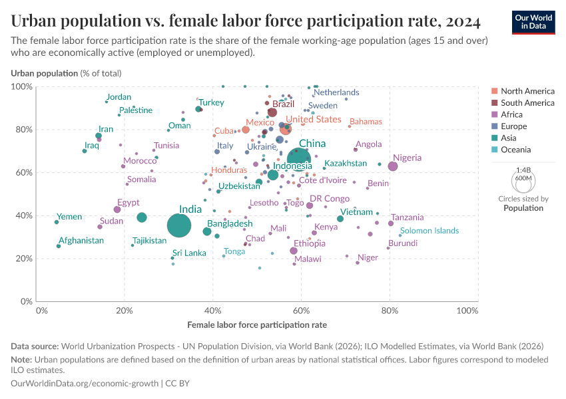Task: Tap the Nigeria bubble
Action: point(393,166)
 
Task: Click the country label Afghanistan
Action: point(81,241)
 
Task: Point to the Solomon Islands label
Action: point(429,231)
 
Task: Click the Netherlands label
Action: point(336,92)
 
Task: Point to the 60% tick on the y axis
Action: point(24,172)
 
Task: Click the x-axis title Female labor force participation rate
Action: point(257,325)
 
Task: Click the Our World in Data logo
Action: point(533,21)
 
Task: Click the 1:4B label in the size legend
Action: point(523,170)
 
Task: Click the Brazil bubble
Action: point(272,112)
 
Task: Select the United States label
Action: point(313,119)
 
